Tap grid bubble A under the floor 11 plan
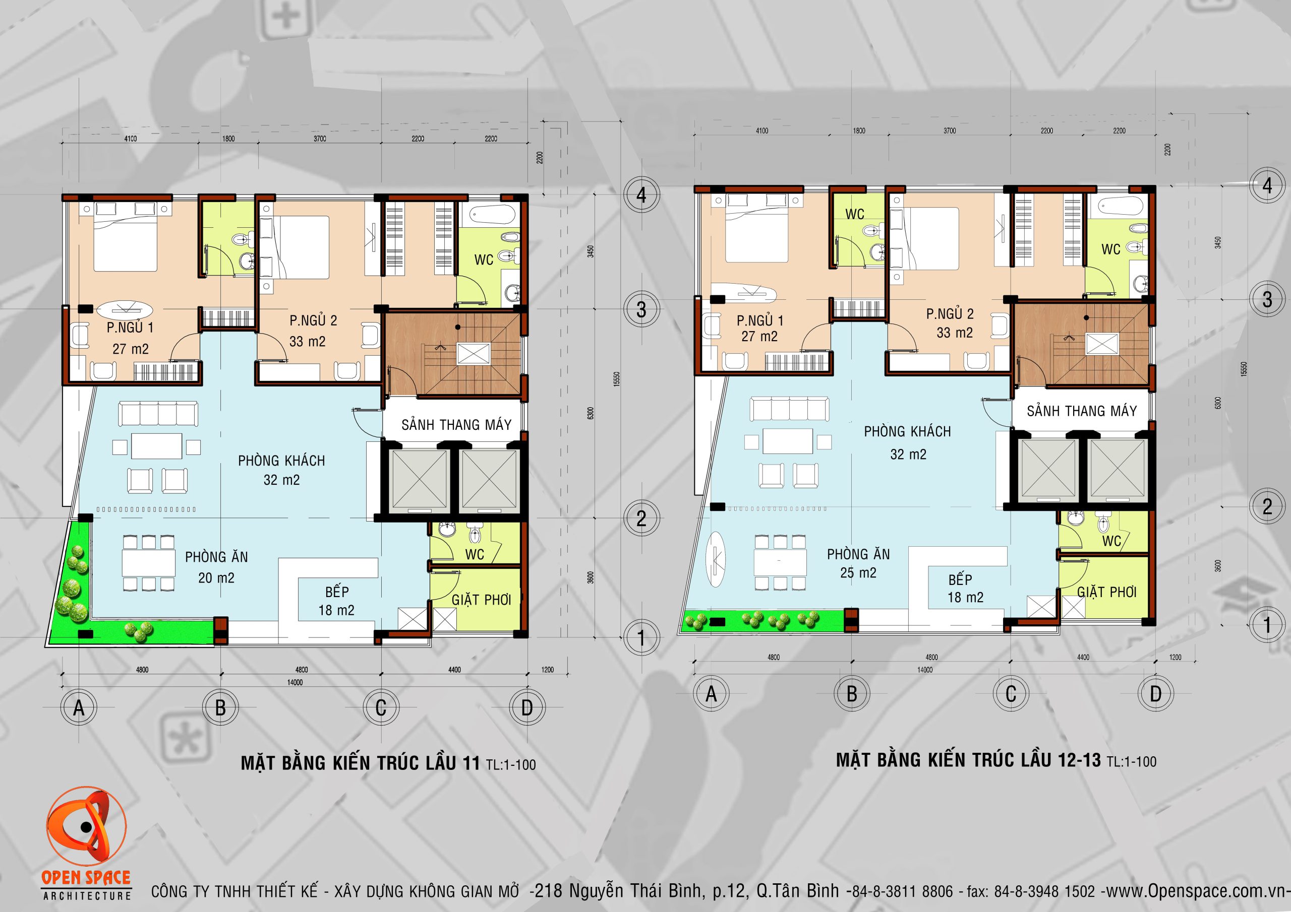click(x=79, y=707)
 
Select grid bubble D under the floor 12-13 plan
click(x=1155, y=694)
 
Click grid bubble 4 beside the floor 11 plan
click(x=641, y=196)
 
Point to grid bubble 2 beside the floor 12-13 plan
click(x=1267, y=507)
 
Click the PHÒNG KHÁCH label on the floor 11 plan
click(x=281, y=461)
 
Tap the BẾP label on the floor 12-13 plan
click(x=960, y=579)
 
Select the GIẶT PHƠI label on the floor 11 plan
click(x=481, y=600)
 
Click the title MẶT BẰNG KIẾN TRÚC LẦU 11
click(x=361, y=762)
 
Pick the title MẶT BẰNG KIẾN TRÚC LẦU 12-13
click(x=968, y=760)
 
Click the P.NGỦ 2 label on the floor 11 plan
click(x=313, y=320)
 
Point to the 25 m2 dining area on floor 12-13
click(x=858, y=572)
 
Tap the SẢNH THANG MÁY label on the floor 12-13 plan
click(x=1082, y=411)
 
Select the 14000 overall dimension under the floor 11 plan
click(x=295, y=682)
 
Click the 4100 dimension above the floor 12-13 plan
click(x=761, y=131)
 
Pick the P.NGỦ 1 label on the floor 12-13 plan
click(x=759, y=320)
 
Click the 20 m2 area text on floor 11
click(x=216, y=577)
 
